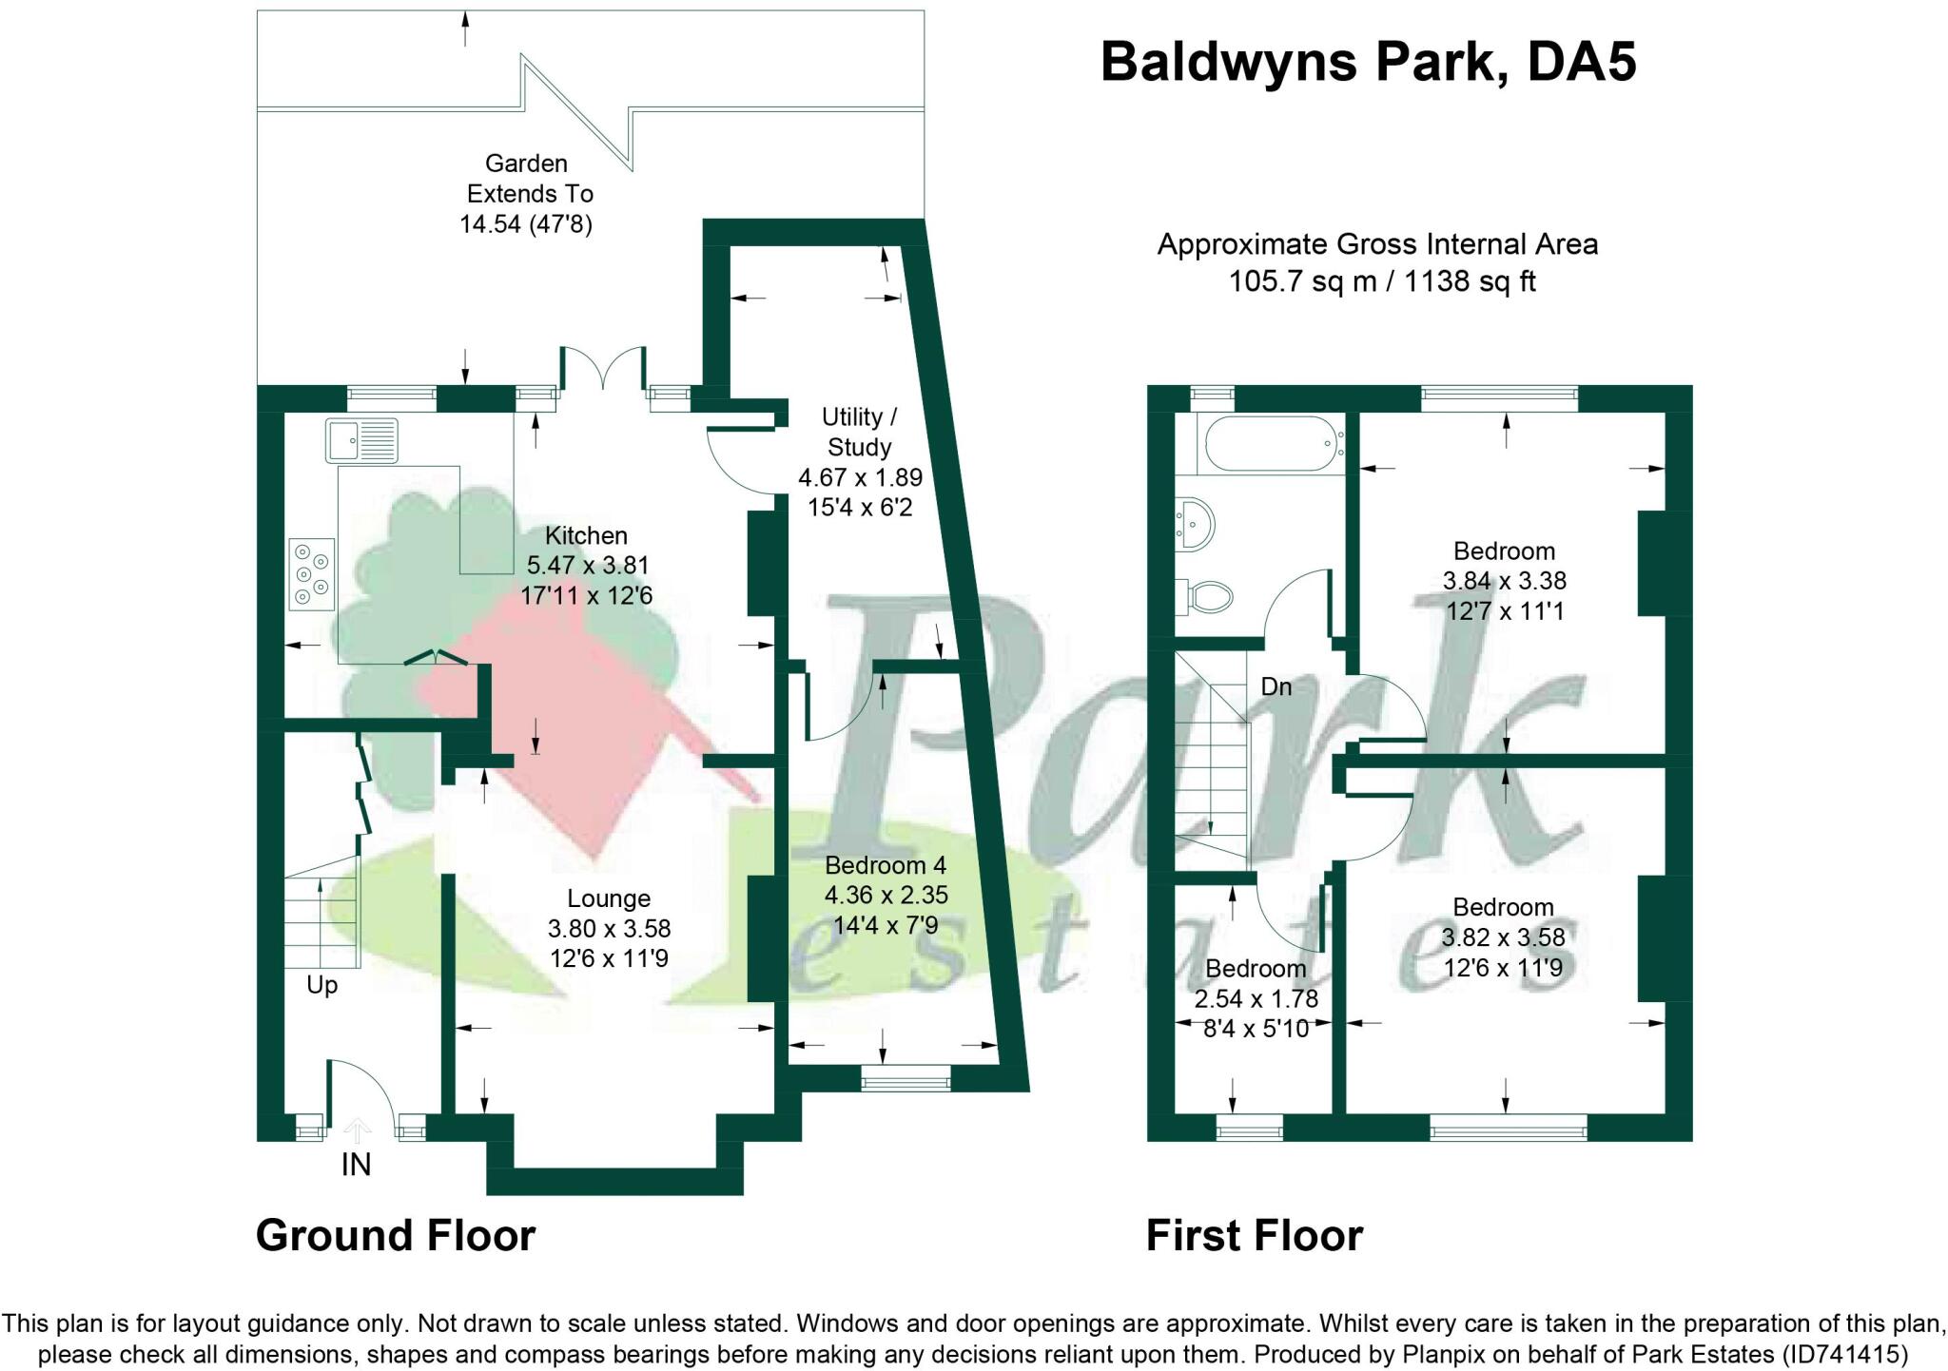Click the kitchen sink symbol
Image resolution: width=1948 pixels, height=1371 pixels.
[x=360, y=440]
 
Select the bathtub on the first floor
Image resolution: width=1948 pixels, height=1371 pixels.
[x=1273, y=443]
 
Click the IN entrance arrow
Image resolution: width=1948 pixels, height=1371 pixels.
[x=357, y=1131]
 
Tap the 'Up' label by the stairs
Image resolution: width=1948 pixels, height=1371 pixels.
[x=322, y=985]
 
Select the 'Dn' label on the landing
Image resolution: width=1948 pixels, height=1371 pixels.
[x=1276, y=686]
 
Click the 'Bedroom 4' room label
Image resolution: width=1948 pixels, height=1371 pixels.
[x=886, y=865]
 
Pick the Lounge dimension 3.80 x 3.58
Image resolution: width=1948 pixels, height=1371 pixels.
[x=609, y=928]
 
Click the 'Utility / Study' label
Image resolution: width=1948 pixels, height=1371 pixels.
[x=859, y=432]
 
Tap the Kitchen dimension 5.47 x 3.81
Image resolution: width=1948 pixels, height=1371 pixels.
[x=587, y=566]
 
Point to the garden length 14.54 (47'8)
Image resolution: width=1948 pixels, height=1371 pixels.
[x=526, y=224]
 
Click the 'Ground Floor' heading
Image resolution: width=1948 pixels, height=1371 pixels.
[x=396, y=1236]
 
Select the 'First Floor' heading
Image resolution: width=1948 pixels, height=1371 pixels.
[x=1254, y=1236]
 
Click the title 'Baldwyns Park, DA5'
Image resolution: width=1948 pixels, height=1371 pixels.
[x=1368, y=62]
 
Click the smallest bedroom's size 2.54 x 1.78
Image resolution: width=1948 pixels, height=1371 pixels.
[x=1256, y=998]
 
